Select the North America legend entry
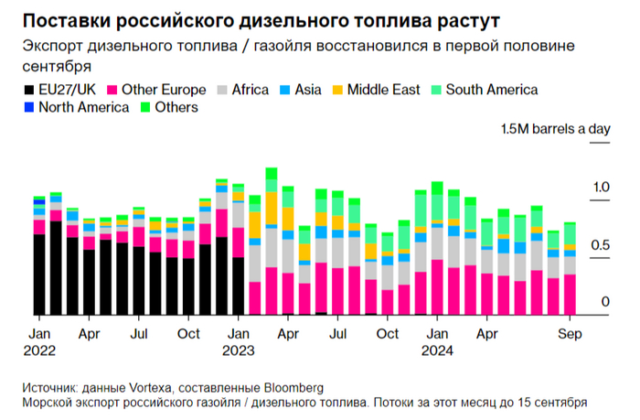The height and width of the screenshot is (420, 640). (x=72, y=107)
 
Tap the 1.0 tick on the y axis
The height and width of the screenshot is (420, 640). (x=600, y=188)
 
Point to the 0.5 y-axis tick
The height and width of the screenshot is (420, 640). (x=600, y=245)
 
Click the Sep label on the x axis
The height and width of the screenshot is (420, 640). (x=570, y=333)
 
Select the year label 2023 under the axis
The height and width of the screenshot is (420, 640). (x=239, y=349)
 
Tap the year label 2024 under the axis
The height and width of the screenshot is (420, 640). (x=438, y=349)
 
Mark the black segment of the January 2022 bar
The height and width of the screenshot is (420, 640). (x=39, y=275)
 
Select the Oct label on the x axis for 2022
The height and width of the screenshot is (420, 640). (x=188, y=333)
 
